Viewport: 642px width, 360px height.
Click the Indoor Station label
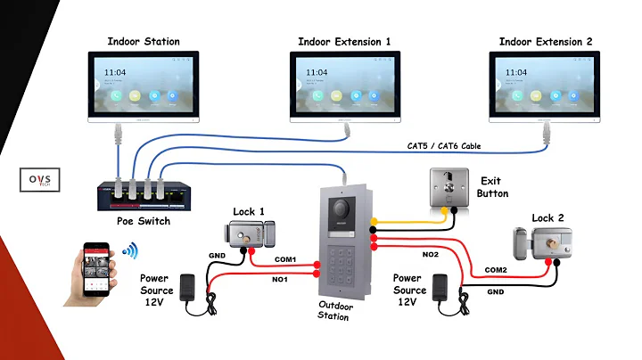[144, 41]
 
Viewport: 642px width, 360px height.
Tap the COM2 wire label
[496, 269]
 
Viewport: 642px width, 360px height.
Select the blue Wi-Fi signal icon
[131, 251]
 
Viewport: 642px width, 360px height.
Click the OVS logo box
[39, 178]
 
